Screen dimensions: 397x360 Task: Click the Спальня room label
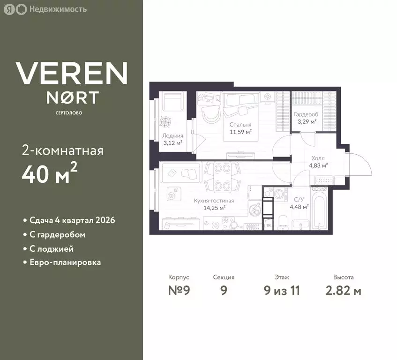tap(240, 125)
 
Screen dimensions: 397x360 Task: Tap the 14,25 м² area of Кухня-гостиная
tap(215, 208)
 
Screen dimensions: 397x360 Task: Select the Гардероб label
tap(306, 114)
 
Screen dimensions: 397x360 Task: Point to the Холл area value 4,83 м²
tap(318, 165)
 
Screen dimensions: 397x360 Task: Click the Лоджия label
tap(172, 135)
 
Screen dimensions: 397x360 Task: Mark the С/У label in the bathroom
tap(299, 200)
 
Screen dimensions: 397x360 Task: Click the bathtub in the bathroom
tap(319, 208)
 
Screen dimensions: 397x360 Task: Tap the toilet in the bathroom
tap(282, 222)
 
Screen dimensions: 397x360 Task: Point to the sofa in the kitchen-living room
tap(182, 172)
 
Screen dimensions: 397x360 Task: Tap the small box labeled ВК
tap(269, 225)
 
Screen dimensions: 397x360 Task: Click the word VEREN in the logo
tap(72, 73)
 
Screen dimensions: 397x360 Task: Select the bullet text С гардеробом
tap(57, 235)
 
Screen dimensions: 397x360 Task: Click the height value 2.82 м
tap(343, 290)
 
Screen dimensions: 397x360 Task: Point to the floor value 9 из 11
tap(282, 290)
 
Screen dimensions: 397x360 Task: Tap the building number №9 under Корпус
tap(179, 290)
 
